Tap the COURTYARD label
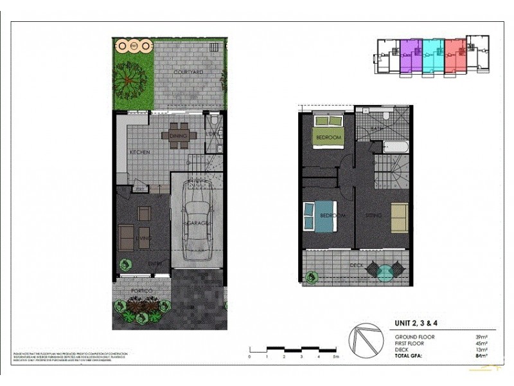pos(189,72)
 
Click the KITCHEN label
pos(140,152)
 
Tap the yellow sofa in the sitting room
pos(399,217)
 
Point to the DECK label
pos(357,265)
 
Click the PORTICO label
pos(141,291)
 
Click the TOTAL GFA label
pos(411,355)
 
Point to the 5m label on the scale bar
pos(335,356)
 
